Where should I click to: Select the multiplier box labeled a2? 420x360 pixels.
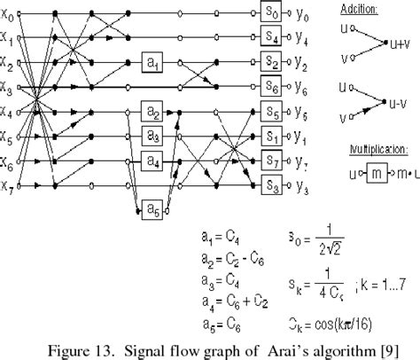coord(154,113)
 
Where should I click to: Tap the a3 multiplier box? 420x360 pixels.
coord(154,137)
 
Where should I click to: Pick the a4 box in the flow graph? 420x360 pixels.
coord(154,161)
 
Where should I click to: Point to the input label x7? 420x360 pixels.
coord(10,186)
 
